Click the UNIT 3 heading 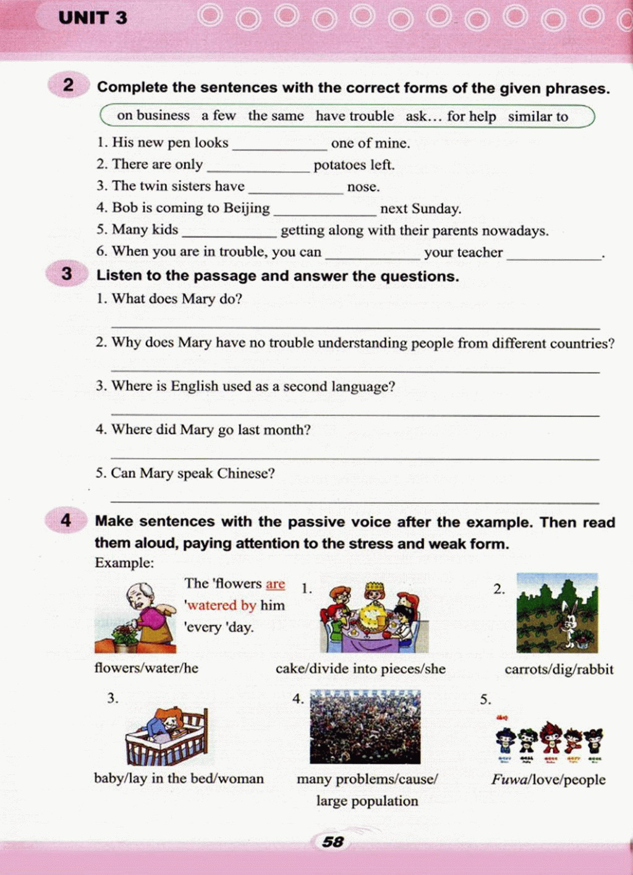click(93, 18)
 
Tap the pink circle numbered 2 click(68, 85)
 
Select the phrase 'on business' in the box click(153, 116)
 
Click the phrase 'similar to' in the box click(538, 116)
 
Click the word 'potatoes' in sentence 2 click(340, 165)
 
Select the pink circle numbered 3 click(67, 273)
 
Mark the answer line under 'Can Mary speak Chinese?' click(355, 500)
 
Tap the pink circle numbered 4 click(66, 520)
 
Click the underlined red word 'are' click(275, 584)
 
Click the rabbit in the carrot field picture click(569, 621)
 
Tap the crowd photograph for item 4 click(365, 727)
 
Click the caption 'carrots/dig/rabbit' click(559, 669)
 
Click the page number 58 click(333, 842)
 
